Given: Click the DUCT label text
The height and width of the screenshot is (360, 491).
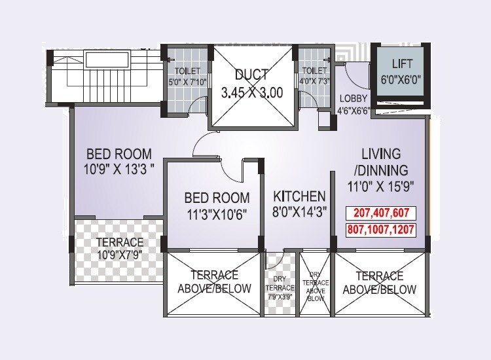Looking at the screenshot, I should coord(252,74).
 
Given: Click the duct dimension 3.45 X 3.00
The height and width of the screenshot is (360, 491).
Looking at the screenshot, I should coord(252,92).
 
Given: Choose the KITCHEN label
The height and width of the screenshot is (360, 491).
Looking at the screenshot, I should coord(299,196).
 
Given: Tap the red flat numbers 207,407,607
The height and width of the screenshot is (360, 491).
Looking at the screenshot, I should coord(380,213).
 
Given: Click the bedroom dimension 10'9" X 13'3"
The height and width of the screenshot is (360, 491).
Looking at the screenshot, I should coord(120,173).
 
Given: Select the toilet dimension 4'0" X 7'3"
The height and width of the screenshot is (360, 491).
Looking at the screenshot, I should coord(314,81).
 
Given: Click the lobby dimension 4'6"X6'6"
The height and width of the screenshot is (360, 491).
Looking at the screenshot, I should coord(354,110).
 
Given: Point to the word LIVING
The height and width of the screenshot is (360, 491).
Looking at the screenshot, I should coord(382,154).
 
